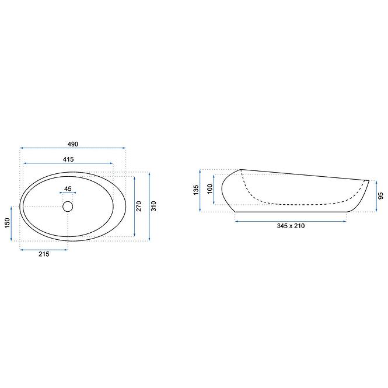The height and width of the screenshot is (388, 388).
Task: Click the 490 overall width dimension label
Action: click(x=73, y=144)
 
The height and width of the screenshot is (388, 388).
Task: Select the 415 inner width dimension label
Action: click(x=68, y=159)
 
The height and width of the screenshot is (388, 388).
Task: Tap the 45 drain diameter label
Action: click(x=68, y=189)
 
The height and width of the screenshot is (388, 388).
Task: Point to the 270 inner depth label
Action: click(x=139, y=206)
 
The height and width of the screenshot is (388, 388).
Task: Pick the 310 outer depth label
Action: click(x=153, y=206)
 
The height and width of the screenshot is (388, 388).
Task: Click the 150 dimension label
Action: click(x=7, y=223)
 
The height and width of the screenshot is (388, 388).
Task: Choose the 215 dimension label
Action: click(x=44, y=254)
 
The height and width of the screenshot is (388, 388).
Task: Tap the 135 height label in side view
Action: click(x=196, y=190)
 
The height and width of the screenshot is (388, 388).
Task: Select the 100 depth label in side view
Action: click(x=210, y=189)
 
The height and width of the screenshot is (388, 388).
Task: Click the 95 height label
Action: click(x=381, y=195)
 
